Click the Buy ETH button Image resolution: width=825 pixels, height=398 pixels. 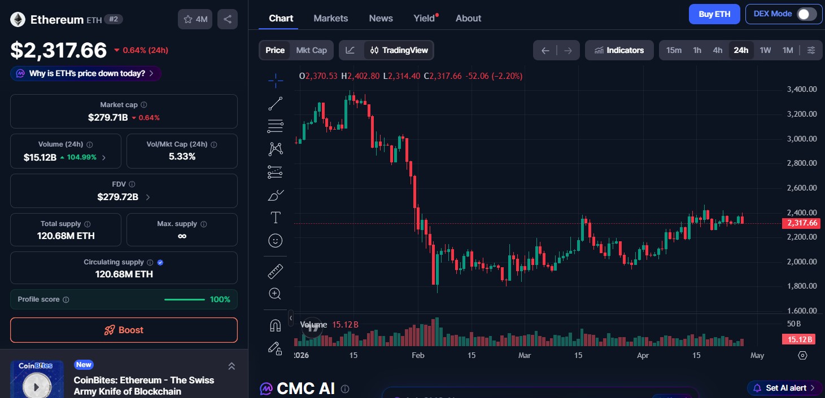coord(714,14)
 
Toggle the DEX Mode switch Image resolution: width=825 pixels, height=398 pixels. coord(806,14)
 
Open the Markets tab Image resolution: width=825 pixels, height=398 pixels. coord(331,18)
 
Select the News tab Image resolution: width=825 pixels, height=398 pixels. coord(381,18)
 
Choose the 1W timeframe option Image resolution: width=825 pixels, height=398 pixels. coord(765,50)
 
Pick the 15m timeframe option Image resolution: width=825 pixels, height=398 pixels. coord(674,50)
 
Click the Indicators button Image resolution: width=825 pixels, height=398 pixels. coord(619,50)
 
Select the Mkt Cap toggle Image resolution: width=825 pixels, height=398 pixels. coord(311,50)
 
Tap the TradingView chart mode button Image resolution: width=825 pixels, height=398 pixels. coord(399,50)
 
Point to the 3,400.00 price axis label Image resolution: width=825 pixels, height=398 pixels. coord(802,89)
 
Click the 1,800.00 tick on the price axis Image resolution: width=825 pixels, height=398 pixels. coord(802,286)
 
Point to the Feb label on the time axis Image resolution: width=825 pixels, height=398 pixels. coord(418,356)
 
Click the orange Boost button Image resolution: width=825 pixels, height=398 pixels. coord(124,330)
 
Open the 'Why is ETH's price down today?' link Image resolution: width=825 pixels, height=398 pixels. coord(86,73)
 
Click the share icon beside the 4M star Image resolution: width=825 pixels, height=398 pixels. coord(227,19)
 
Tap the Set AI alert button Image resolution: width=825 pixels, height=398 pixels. coord(785,388)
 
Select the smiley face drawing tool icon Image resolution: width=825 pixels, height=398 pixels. coord(276,241)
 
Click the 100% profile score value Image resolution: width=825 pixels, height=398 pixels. coord(220,299)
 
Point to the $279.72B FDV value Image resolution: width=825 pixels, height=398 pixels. coord(117,197)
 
